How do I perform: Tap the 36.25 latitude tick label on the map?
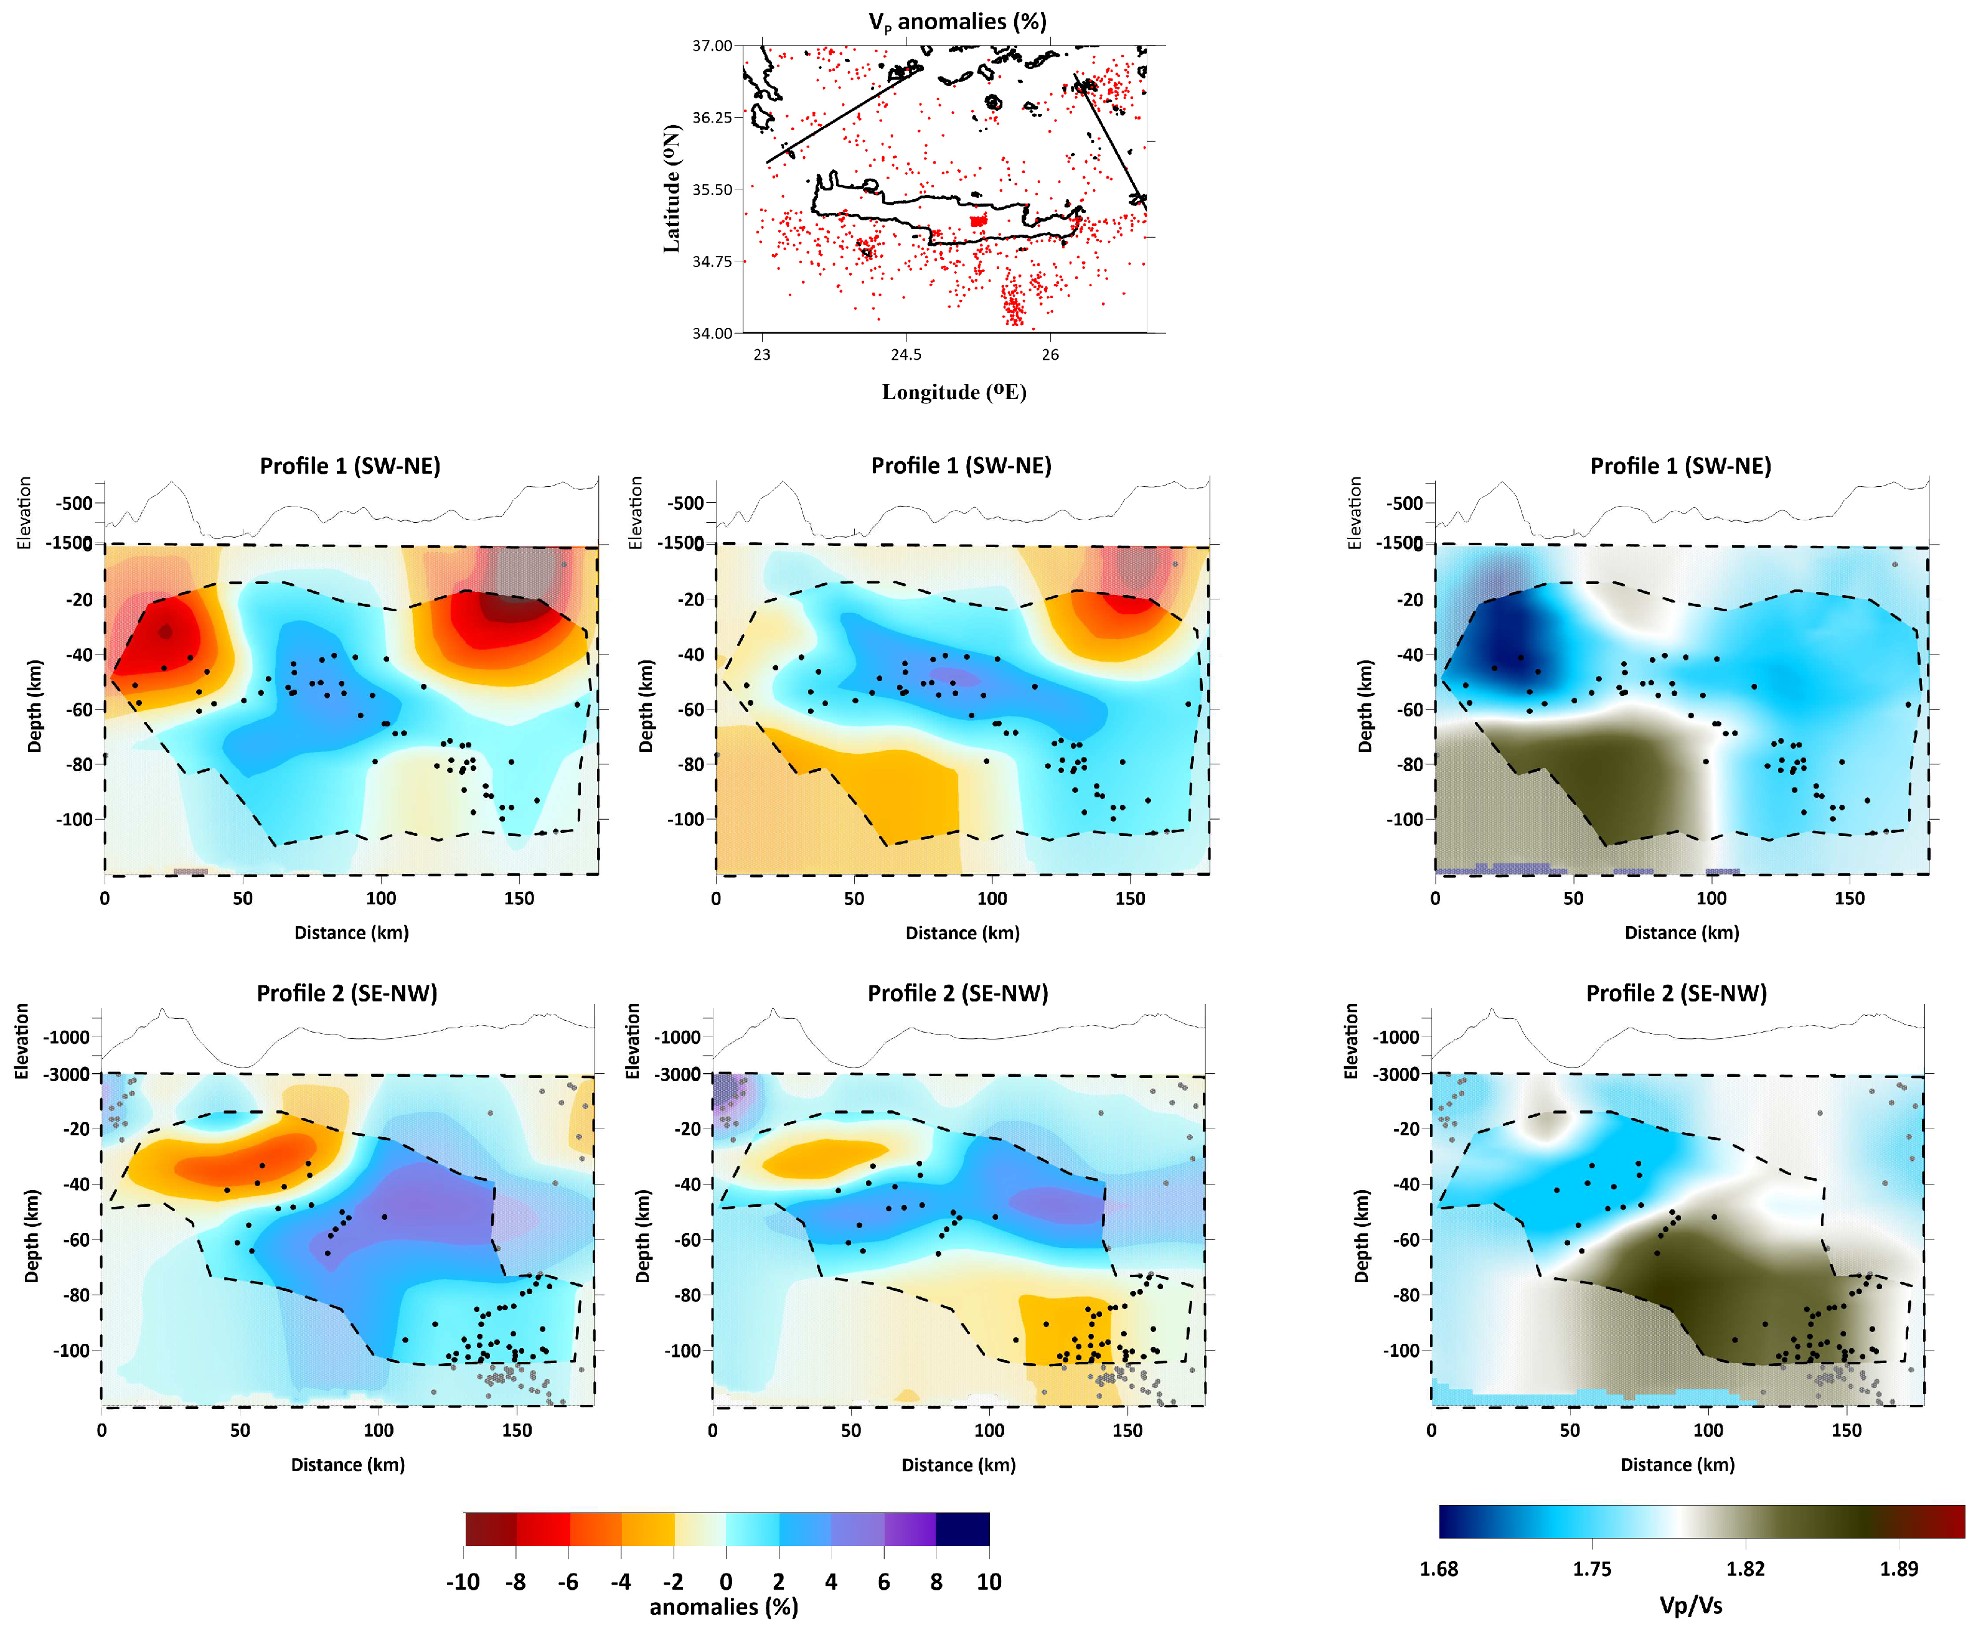(x=712, y=118)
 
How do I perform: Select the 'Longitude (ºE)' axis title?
(x=954, y=392)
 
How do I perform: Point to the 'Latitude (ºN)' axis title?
(x=671, y=188)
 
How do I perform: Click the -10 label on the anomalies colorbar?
(x=463, y=1582)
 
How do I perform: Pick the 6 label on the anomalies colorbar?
(x=883, y=1582)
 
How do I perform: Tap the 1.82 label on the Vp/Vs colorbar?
(x=1745, y=1569)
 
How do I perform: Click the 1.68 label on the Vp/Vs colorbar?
(x=1439, y=1569)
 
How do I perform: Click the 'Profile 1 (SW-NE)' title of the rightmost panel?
(x=1680, y=466)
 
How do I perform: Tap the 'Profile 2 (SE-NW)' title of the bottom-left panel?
(x=347, y=993)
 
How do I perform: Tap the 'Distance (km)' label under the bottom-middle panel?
(x=958, y=1465)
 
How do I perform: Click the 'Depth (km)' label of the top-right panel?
(x=1365, y=705)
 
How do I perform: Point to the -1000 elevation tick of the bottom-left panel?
(x=68, y=1037)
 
